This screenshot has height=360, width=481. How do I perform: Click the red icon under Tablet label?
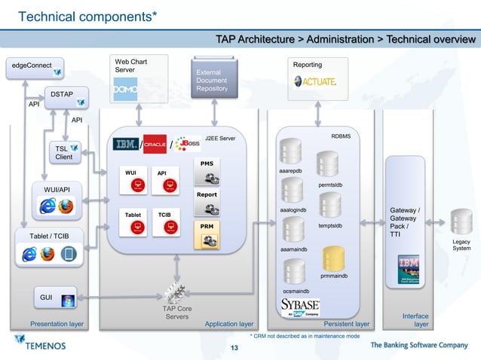[x=136, y=229]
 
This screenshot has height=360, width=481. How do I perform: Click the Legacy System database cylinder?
[x=461, y=221]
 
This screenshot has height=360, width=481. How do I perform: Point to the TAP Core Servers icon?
[x=176, y=291]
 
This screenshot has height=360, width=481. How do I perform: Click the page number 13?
[x=234, y=347]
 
